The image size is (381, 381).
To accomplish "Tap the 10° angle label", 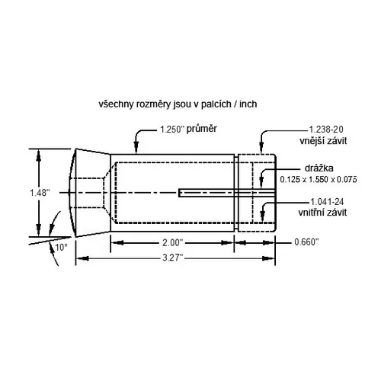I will click(x=60, y=247).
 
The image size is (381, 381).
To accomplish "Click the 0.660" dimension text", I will click(x=307, y=242).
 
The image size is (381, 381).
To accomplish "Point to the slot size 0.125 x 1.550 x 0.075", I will click(x=318, y=180).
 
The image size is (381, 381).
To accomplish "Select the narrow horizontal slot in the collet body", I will click(x=206, y=193).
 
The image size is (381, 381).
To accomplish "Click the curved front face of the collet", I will click(x=72, y=193).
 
